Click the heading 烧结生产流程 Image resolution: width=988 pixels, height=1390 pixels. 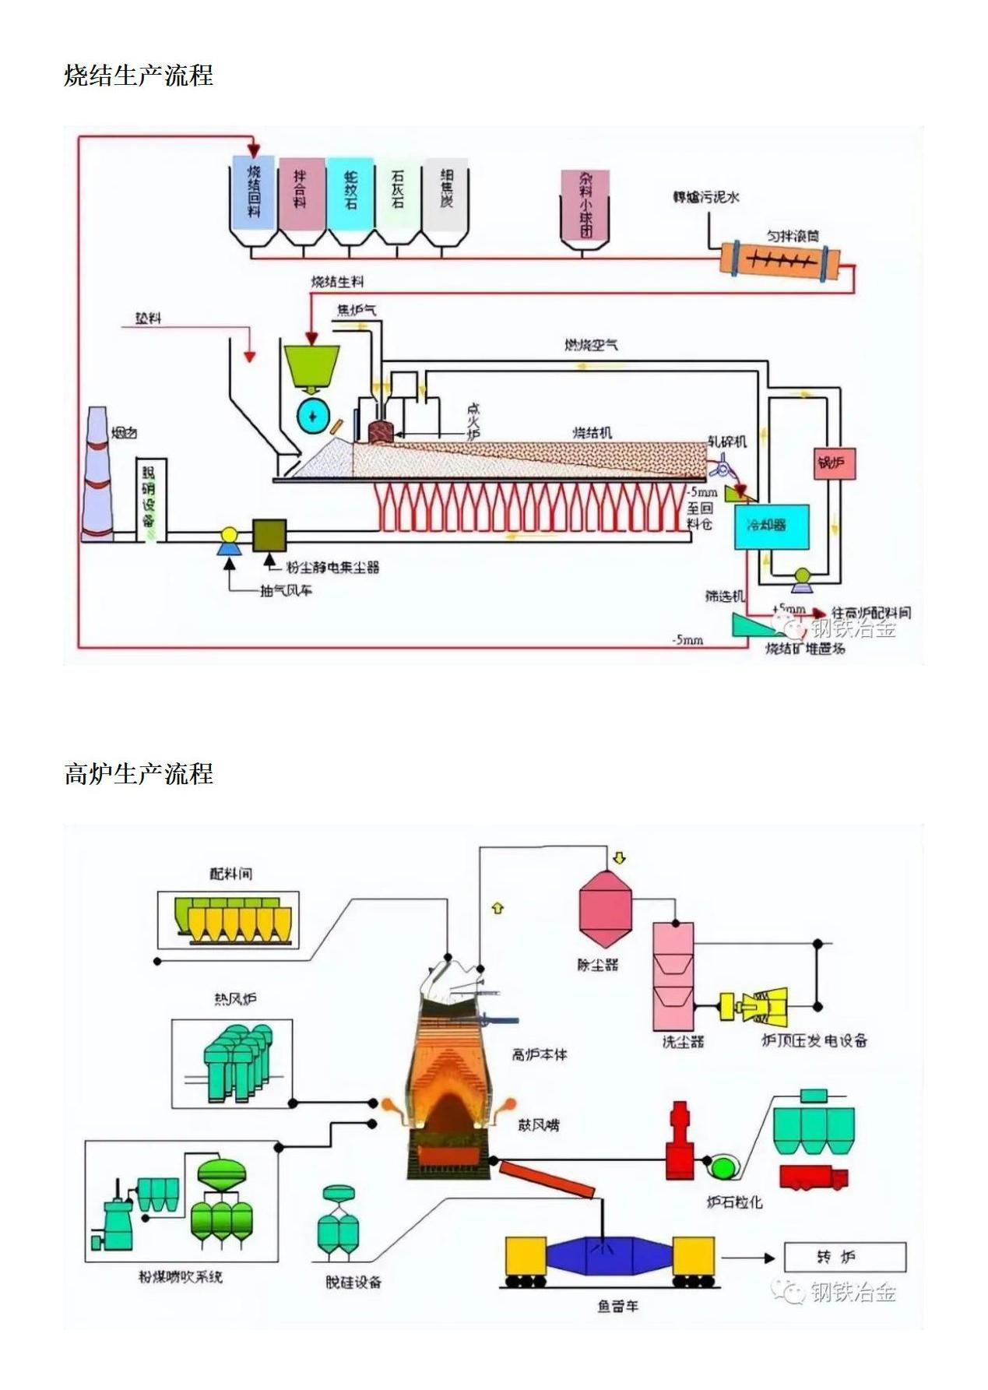pyautogui.click(x=139, y=76)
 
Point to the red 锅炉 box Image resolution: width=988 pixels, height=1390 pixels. pyautogui.click(x=833, y=463)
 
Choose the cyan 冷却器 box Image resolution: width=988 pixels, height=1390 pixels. pyautogui.click(x=771, y=526)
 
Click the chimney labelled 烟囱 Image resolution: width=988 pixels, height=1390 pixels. pyautogui.click(x=98, y=475)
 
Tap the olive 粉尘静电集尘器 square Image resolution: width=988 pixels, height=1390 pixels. pyautogui.click(x=269, y=536)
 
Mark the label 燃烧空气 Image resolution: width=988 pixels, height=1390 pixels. pyautogui.click(x=592, y=344)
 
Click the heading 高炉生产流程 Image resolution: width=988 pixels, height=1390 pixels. pyautogui.click(x=139, y=774)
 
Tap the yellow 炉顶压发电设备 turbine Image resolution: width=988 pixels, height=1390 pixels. pyautogui.click(x=755, y=1008)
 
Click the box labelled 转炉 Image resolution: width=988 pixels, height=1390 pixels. pyautogui.click(x=845, y=1257)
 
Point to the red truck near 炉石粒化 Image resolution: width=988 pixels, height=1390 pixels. pyautogui.click(x=813, y=1177)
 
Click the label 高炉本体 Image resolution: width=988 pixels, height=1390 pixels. pyautogui.click(x=540, y=1054)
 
